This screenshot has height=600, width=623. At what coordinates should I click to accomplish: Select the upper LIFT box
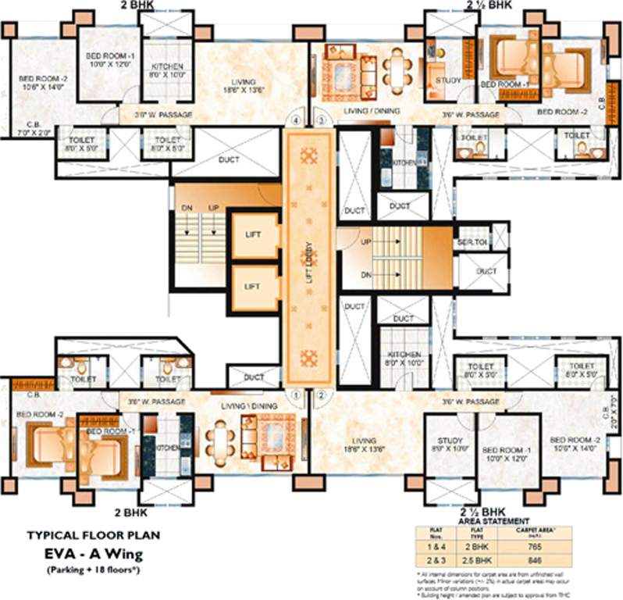tap(252, 235)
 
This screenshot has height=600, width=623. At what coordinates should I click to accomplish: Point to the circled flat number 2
tap(321, 395)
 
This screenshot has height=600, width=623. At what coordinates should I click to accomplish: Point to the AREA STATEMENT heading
tap(494, 520)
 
